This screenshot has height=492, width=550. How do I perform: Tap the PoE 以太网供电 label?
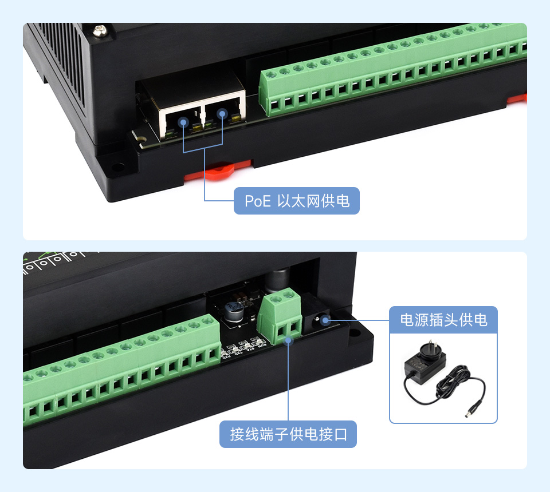[x=296, y=201]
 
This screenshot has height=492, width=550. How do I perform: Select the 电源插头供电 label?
[x=443, y=319]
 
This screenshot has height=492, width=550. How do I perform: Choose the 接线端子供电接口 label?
[x=288, y=434]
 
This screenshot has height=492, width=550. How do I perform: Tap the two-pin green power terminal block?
[x=281, y=318]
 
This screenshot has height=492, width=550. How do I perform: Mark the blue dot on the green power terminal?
[x=288, y=340]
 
